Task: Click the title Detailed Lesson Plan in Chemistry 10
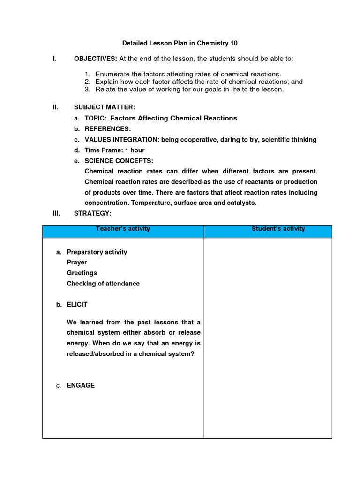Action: [180, 43]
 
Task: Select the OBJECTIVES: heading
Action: [96, 59]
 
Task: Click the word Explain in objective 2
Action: [107, 82]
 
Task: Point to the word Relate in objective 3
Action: [105, 89]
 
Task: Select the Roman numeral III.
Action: [56, 213]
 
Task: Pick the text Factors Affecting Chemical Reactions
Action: [173, 118]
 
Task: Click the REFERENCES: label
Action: [108, 129]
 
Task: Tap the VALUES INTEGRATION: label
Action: [122, 140]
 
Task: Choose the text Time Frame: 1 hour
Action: [114, 150]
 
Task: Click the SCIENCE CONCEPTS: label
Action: [119, 161]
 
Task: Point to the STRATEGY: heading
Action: [93, 213]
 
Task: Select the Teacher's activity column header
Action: [123, 229]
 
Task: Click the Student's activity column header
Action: [278, 229]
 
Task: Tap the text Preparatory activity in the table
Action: [97, 252]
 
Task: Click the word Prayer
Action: [77, 262]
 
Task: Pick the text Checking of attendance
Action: [103, 284]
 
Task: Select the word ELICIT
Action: [77, 304]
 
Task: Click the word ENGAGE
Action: [81, 385]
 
